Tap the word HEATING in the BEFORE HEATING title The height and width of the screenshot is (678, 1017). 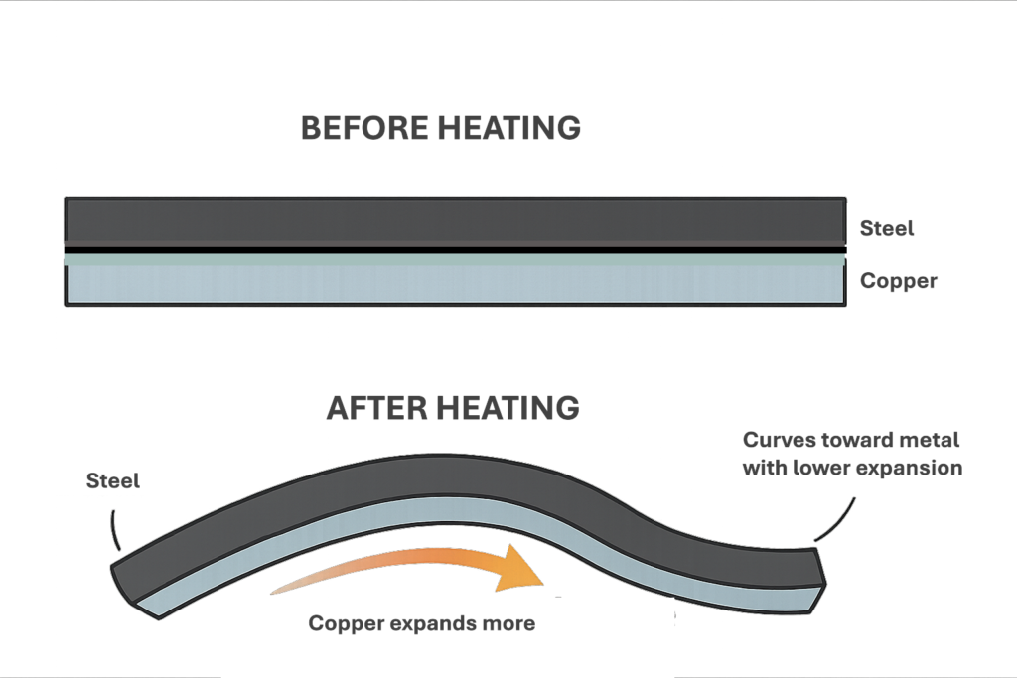coord(509,128)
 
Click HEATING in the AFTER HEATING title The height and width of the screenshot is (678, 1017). coord(508,408)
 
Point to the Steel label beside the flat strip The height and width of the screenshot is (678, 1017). coord(887,228)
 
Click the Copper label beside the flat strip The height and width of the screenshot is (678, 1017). coord(898,281)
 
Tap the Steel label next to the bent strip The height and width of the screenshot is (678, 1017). coord(113,480)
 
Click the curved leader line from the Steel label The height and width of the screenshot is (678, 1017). coord(113,530)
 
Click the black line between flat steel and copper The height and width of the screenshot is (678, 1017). coord(455,250)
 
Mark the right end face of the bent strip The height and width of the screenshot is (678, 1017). coord(818,580)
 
